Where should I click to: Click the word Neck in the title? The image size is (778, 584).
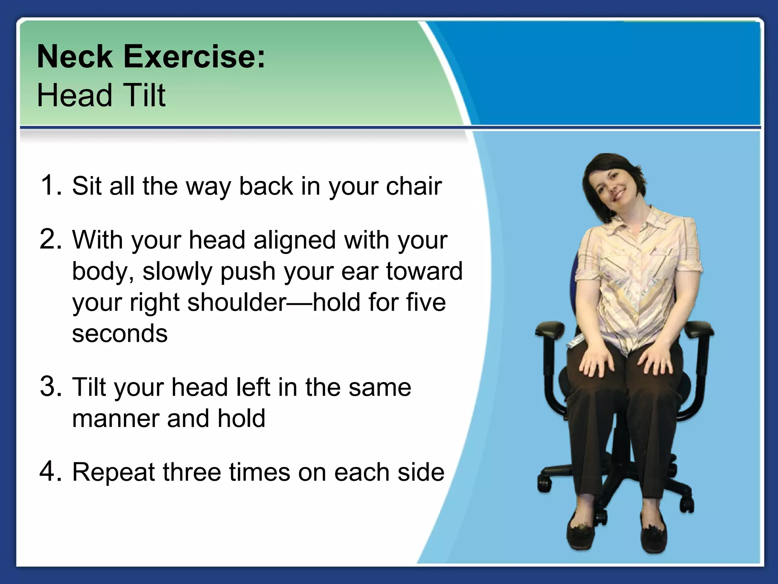click(74, 57)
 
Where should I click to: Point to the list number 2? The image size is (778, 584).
click(51, 240)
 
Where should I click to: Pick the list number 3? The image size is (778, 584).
click(51, 386)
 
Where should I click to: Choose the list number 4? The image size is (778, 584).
click(51, 471)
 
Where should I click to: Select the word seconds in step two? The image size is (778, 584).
click(120, 333)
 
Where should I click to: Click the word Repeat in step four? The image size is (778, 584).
click(114, 473)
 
